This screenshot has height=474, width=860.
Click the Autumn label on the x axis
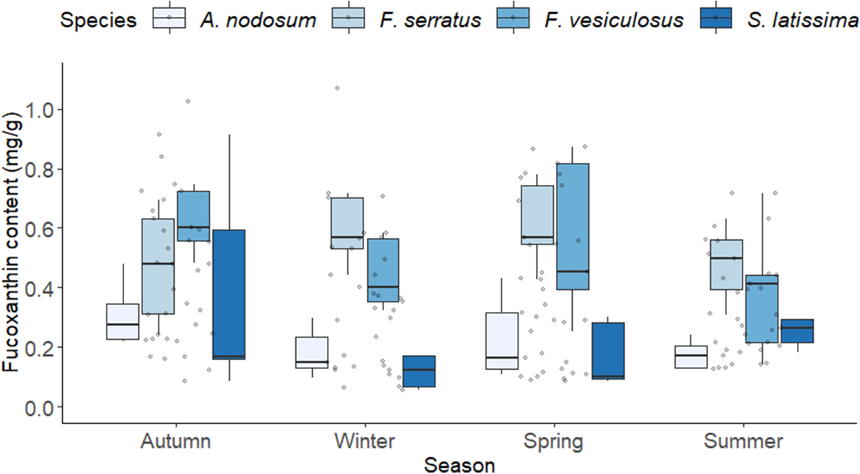(x=176, y=442)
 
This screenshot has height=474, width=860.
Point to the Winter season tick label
(x=365, y=442)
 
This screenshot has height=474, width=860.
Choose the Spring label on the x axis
(x=554, y=442)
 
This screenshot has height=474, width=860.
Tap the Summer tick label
(x=743, y=442)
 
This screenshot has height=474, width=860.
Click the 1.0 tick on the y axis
(x=42, y=110)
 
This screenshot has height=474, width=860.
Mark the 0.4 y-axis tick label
(x=42, y=288)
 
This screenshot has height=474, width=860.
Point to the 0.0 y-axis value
(x=42, y=407)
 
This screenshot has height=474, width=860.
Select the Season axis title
(x=460, y=465)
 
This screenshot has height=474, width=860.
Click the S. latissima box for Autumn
(x=228, y=293)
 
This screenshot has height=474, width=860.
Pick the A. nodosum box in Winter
(x=123, y=352)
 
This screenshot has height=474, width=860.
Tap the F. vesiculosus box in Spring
(x=573, y=227)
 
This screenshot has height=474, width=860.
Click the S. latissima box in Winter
(x=417, y=371)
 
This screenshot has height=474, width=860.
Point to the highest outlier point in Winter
(x=337, y=88)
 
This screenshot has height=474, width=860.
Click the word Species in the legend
(x=98, y=19)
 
